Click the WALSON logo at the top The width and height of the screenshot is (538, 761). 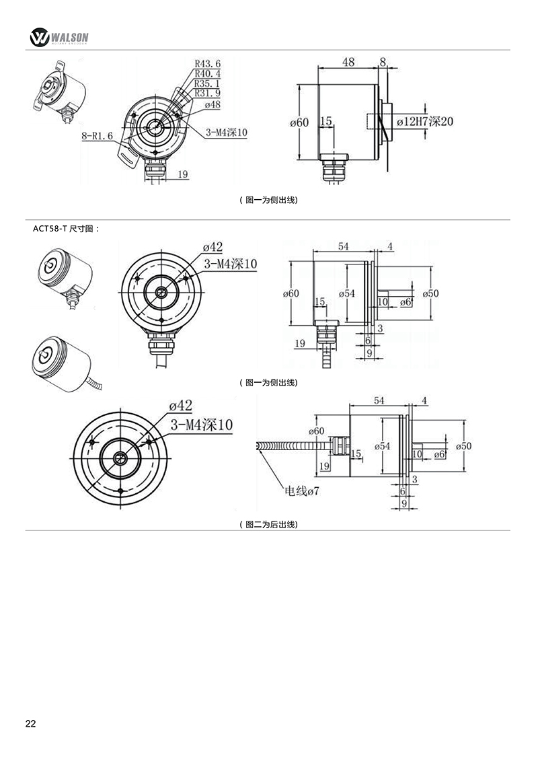[x=60, y=37]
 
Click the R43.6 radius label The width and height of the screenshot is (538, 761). [x=208, y=64]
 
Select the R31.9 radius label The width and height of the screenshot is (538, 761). [x=208, y=94]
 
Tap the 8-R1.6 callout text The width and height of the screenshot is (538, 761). [x=97, y=136]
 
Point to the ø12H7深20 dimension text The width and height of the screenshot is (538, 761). [x=425, y=122]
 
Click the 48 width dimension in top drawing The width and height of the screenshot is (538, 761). [x=348, y=62]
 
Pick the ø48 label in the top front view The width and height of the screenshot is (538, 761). [x=211, y=104]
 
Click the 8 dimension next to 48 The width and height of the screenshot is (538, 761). [x=383, y=62]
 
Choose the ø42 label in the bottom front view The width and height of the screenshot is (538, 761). [x=180, y=406]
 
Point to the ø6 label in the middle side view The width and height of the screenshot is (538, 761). [x=406, y=302]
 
